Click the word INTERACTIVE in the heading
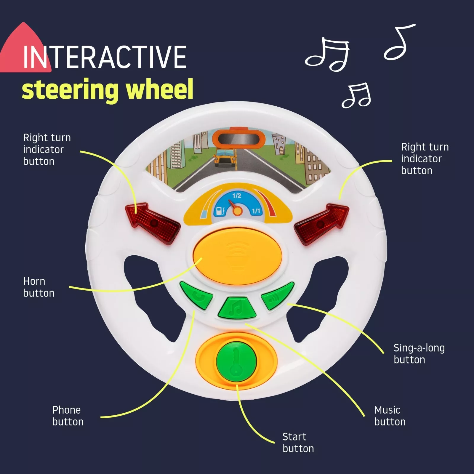click(104, 57)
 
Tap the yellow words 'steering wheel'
click(108, 89)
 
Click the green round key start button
click(236, 361)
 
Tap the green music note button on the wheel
click(237, 308)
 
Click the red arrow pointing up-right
click(321, 223)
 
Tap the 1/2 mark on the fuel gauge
click(237, 196)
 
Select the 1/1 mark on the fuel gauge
click(256, 211)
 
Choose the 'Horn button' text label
click(39, 287)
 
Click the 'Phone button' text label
click(68, 416)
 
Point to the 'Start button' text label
click(298, 443)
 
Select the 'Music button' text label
click(390, 416)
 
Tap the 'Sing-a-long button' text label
click(419, 354)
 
